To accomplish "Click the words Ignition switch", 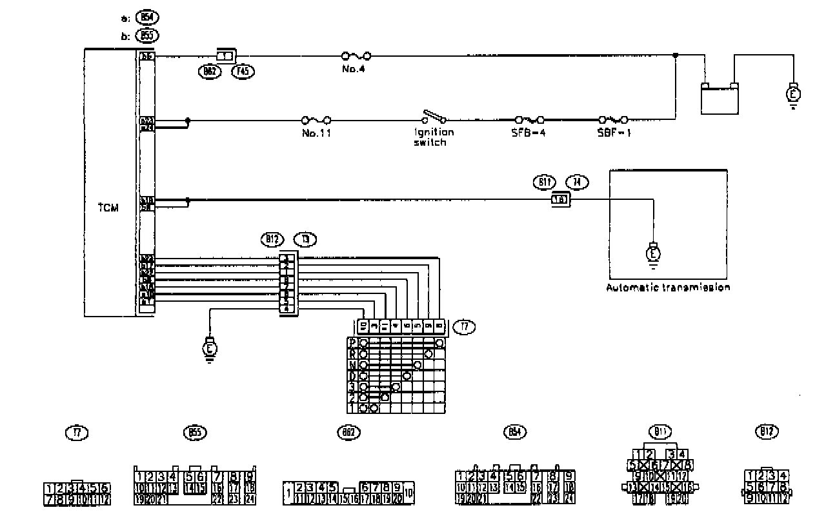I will pyautogui.click(x=434, y=137).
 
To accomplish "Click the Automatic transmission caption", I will pyautogui.click(x=668, y=288).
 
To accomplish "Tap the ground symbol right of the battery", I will pyautogui.click(x=793, y=95).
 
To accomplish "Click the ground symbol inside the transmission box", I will pyautogui.click(x=653, y=252).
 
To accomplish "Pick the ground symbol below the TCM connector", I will pyautogui.click(x=210, y=348).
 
